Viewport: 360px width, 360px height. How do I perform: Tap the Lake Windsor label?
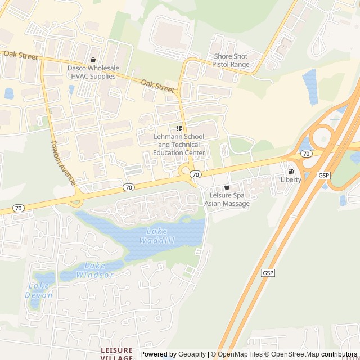tap(100, 270)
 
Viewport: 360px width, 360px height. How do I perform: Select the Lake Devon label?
tap(39, 290)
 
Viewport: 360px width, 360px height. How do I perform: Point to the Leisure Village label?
tap(117, 353)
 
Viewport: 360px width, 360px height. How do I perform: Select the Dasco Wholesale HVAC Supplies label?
tap(93, 72)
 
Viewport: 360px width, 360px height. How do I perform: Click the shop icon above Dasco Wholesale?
tap(93, 60)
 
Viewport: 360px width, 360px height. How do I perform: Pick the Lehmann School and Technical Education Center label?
tap(179, 145)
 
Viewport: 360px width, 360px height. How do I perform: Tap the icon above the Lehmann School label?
tap(179, 129)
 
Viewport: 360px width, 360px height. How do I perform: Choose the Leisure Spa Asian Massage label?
tap(227, 200)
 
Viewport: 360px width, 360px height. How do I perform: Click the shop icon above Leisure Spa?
tap(227, 187)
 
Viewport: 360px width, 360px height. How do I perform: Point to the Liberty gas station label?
tap(291, 179)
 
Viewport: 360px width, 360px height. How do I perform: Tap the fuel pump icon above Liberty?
tap(291, 171)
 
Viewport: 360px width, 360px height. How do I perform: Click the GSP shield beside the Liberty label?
tap(324, 175)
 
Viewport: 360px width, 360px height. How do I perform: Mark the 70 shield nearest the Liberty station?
tap(306, 153)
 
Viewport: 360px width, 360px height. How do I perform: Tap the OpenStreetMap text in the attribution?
tap(293, 354)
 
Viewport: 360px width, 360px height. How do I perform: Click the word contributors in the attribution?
tap(339, 354)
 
